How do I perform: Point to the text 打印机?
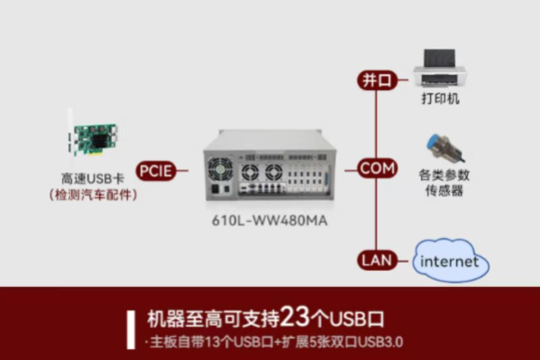tap(440, 97)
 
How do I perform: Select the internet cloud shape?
tap(450, 262)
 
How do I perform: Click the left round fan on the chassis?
tap(221, 170)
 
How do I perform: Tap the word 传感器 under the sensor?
tap(441, 191)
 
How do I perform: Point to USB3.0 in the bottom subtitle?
tap(380, 342)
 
